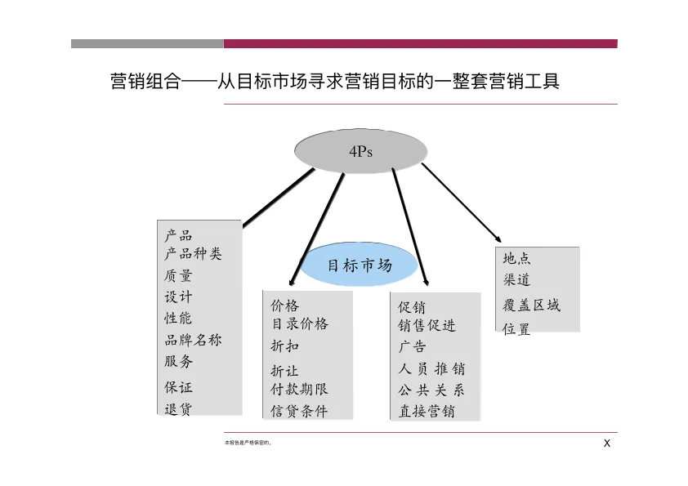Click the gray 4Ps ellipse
click(360, 151)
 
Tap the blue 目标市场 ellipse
click(360, 265)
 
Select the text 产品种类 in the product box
click(193, 253)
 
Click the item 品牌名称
click(193, 340)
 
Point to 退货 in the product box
click(178, 408)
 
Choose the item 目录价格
click(300, 323)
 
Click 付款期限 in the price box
click(300, 389)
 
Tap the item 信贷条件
click(299, 411)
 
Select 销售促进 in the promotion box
click(427, 325)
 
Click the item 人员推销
click(431, 368)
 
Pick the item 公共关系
click(431, 390)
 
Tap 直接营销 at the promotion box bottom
click(427, 411)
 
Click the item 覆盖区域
click(531, 305)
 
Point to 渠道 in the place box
click(517, 279)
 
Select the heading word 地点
click(517, 258)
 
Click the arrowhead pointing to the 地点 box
click(498, 239)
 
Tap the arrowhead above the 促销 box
click(426, 283)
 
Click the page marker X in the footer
click(607, 443)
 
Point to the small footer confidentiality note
click(248, 443)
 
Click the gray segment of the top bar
click(147, 43)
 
